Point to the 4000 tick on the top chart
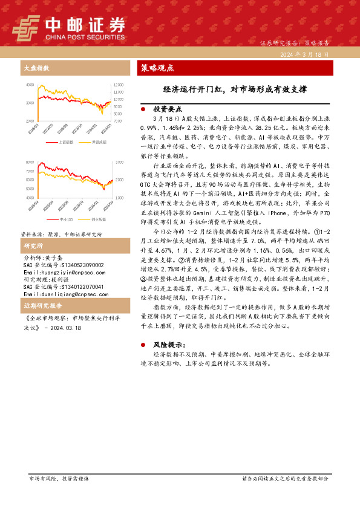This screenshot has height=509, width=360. (30, 85)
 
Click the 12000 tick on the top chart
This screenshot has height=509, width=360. (118, 85)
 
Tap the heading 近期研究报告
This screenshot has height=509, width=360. (40, 306)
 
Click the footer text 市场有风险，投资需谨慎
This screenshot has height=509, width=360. (59, 495)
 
